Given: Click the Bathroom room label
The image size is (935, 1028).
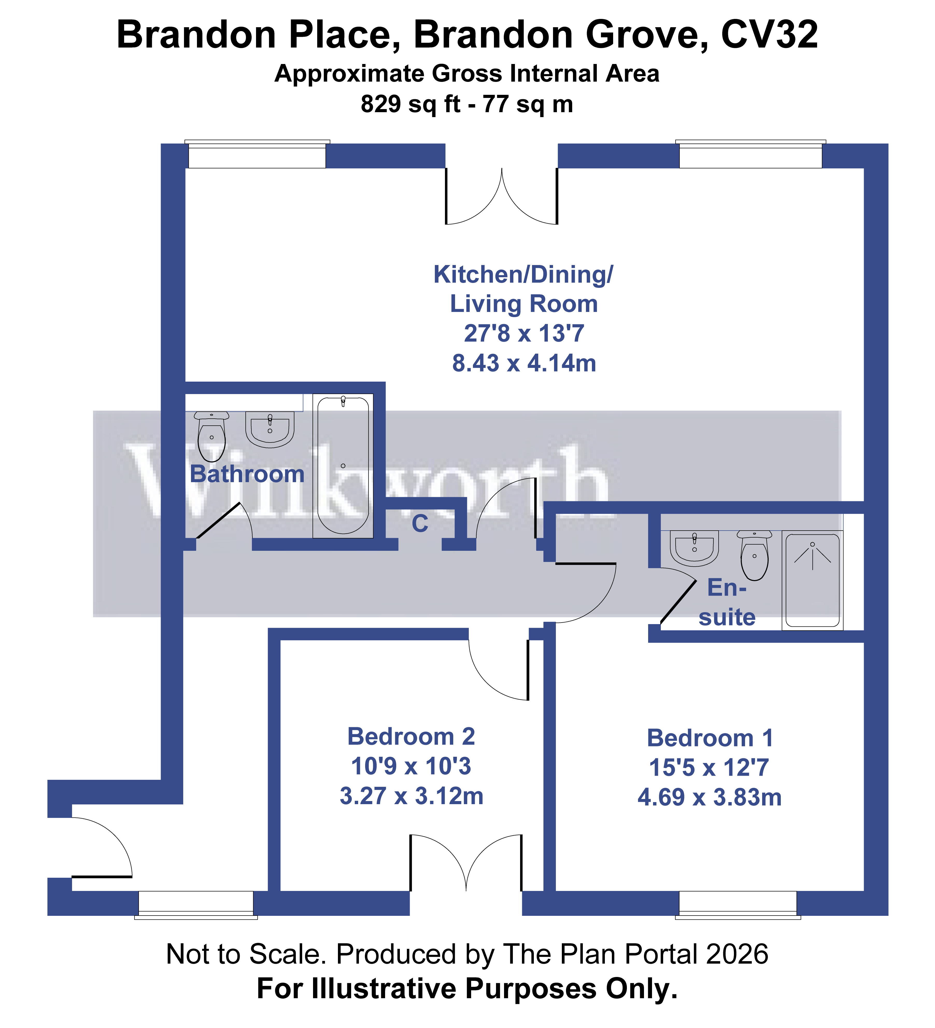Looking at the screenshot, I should pos(247,474).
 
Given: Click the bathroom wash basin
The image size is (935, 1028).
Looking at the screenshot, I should pos(270,428).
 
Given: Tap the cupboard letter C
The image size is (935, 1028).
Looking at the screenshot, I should pos(420,524).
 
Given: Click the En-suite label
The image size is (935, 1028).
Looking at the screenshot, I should pos(727,602).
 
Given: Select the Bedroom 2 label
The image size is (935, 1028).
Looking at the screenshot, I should pos(411,737).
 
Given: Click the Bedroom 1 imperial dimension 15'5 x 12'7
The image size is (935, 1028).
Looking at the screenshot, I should pos(709,767).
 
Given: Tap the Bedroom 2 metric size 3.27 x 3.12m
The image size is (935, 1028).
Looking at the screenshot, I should pos(411,796).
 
